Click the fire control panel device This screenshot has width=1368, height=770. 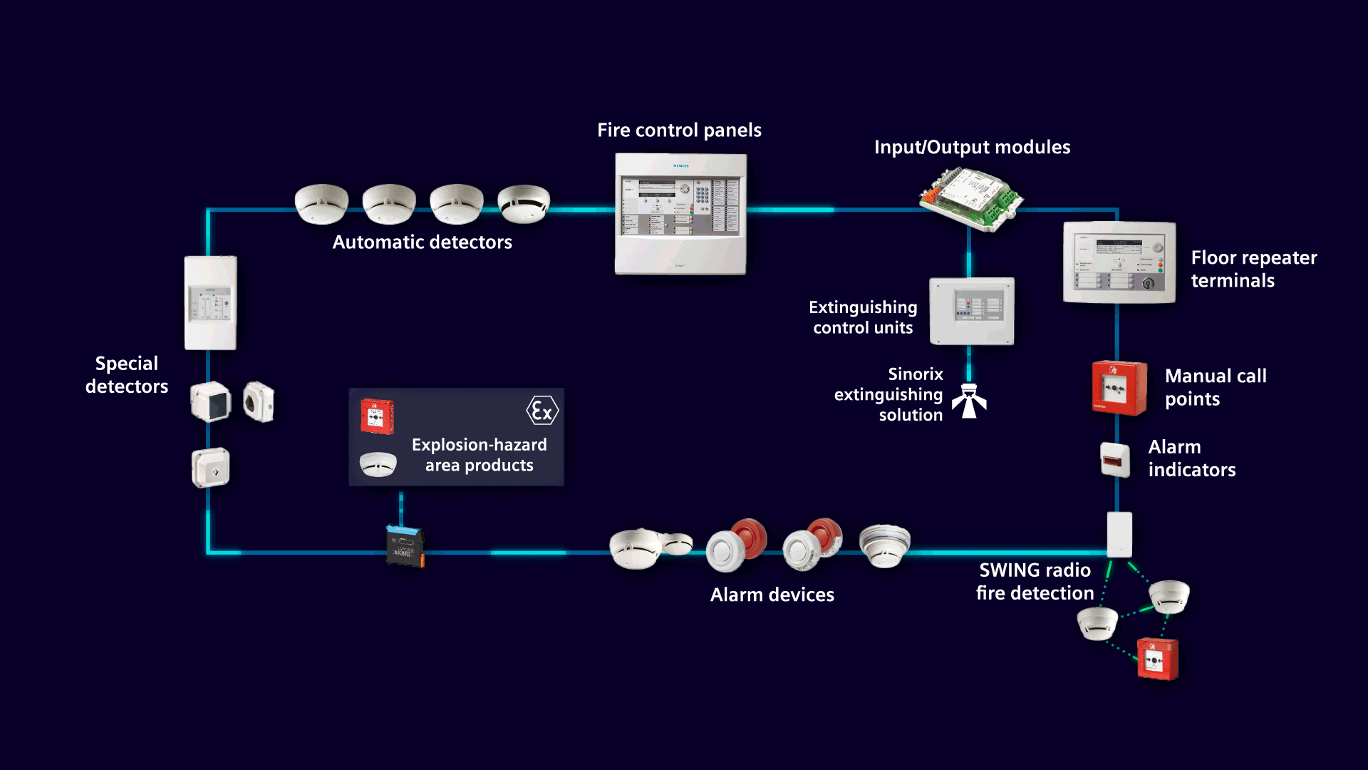click(x=680, y=214)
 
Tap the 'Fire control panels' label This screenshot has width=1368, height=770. click(x=679, y=130)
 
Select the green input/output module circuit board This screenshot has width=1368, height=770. click(x=971, y=199)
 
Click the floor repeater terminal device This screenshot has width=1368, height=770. click(x=1119, y=262)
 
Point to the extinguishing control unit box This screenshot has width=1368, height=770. click(x=971, y=311)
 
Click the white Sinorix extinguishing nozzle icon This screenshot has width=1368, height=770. click(x=969, y=401)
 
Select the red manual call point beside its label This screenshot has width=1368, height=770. click(x=1119, y=388)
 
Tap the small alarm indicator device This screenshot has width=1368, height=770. click(x=1115, y=460)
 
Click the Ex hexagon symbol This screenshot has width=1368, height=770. click(x=542, y=411)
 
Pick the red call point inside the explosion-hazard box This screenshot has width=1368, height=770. click(x=377, y=416)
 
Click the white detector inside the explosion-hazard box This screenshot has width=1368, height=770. click(x=378, y=464)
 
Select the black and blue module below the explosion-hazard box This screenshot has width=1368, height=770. click(x=405, y=546)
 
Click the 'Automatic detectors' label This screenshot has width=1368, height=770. click(x=422, y=242)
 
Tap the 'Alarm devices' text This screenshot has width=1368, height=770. click(x=772, y=595)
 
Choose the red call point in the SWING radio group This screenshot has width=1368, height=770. click(x=1157, y=659)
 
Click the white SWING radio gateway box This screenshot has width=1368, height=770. click(x=1119, y=534)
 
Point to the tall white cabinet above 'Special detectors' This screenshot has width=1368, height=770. click(x=210, y=303)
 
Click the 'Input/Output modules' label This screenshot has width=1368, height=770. click(x=972, y=148)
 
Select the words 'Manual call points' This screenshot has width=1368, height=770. click(x=1215, y=387)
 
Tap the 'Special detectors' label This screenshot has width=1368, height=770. click(x=127, y=375)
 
